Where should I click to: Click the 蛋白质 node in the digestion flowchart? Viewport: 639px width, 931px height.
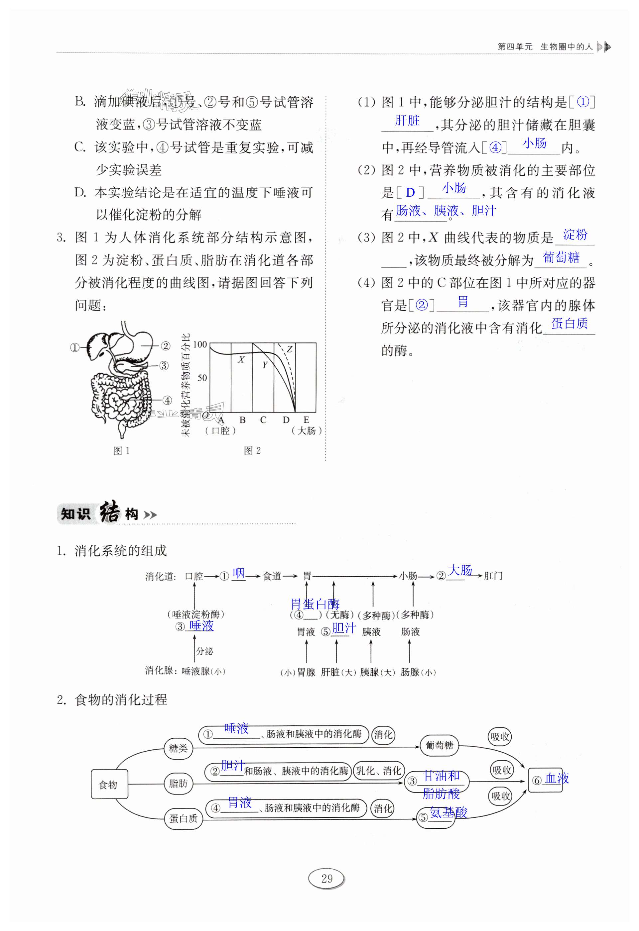pos(183,818)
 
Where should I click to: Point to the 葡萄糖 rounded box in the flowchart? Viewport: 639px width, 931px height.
pos(440,745)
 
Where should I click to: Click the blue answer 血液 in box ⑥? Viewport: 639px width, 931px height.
pos(557,778)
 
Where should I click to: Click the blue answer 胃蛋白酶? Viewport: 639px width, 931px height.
pos(315,604)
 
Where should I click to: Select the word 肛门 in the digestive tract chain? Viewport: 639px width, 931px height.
pos(493,576)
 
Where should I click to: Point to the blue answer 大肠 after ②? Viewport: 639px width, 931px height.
pos(460,570)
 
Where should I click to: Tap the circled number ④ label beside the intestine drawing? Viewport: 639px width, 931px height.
pos(167,400)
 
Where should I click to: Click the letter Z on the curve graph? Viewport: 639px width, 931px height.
pos(290,349)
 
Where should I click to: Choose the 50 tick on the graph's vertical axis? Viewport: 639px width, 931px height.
pos(202,377)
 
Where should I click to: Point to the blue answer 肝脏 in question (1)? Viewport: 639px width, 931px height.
pos(407,120)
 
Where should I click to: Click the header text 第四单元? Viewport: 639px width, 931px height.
pos(515,47)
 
